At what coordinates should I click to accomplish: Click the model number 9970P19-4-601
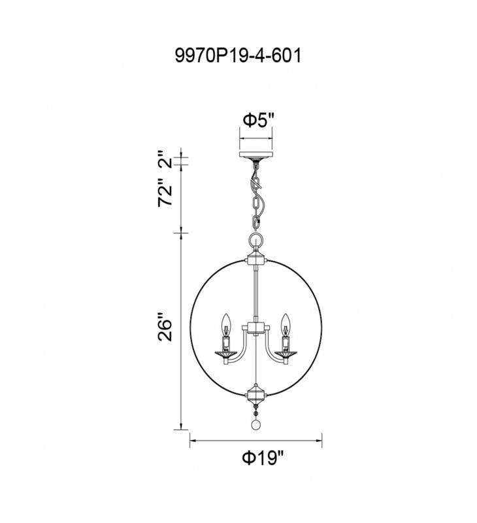[x=238, y=55]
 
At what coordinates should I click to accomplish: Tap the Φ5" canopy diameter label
[x=259, y=120]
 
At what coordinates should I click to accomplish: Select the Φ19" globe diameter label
[x=263, y=458]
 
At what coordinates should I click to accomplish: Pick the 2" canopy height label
[x=165, y=159]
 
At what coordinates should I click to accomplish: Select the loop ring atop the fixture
[x=256, y=240]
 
